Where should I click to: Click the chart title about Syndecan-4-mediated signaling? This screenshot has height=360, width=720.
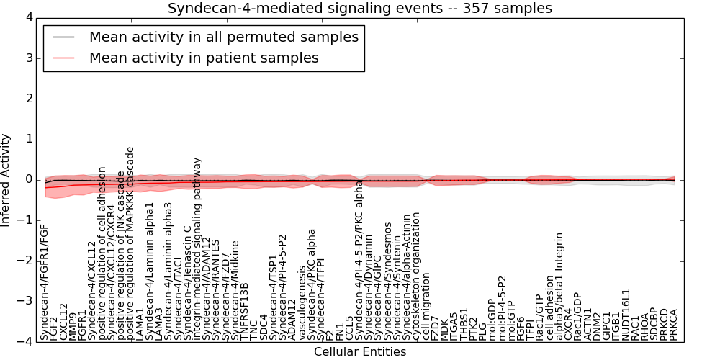pyautogui.click(x=359, y=9)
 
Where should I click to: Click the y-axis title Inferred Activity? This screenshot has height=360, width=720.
pyautogui.click(x=6, y=179)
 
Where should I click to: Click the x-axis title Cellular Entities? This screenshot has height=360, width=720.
pyautogui.click(x=359, y=352)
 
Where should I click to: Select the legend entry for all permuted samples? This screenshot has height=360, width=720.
pyautogui.click(x=223, y=37)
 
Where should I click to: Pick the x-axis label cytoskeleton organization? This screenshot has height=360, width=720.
pyautogui.click(x=416, y=276)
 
